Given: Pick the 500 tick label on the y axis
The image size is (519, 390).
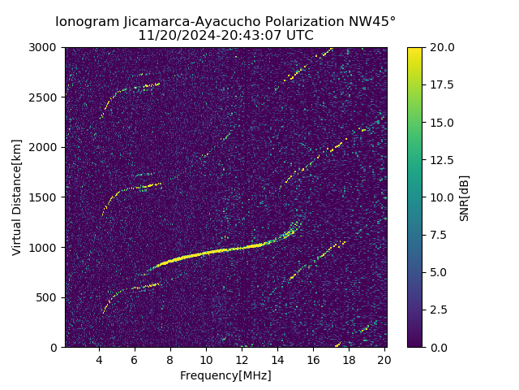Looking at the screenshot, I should [x=49, y=297].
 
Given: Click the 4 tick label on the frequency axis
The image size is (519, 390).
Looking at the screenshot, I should [x=99, y=360].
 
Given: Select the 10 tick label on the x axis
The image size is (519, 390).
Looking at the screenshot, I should [x=206, y=360].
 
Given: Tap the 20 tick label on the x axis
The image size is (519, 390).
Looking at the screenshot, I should [x=385, y=360].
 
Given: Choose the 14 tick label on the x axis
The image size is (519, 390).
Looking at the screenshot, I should [x=277, y=360].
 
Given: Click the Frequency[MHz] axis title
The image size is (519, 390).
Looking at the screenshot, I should [x=225, y=375].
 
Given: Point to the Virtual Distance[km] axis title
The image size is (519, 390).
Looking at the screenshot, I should [x=17, y=197].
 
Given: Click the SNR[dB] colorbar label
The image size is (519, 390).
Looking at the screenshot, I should [x=465, y=197].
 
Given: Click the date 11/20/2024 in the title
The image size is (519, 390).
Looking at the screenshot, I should [x=172, y=36].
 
